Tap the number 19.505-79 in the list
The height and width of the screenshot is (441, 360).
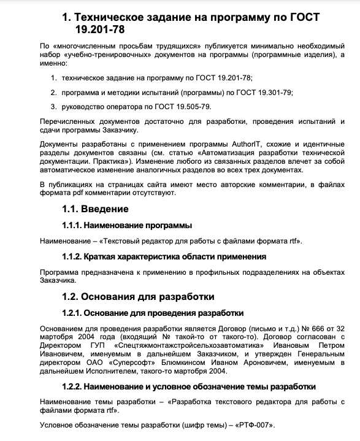tap(191, 106)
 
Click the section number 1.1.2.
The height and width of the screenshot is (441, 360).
tap(72, 256)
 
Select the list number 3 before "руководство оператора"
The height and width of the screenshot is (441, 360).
tap(54, 106)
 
